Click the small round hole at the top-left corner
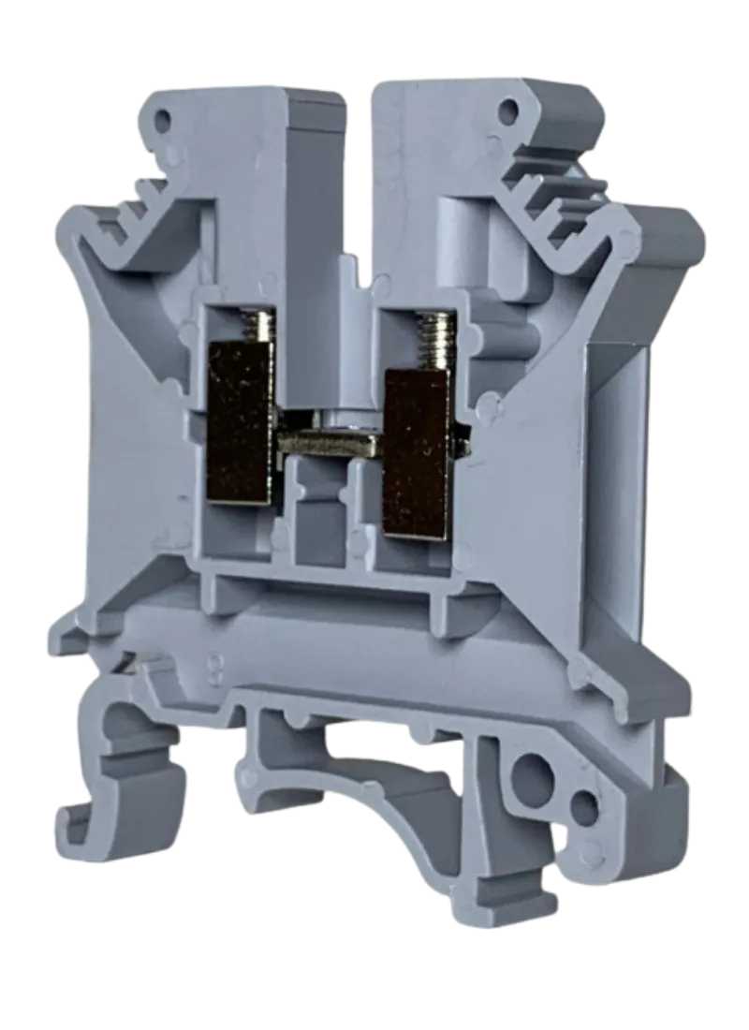[166, 120]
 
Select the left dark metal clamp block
[240, 421]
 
